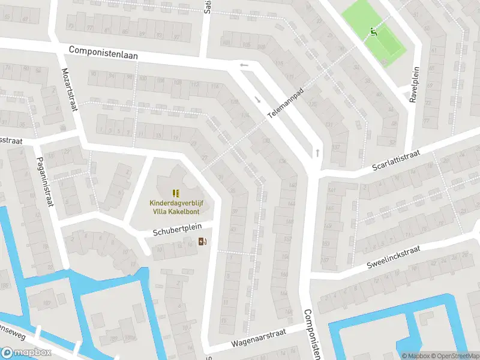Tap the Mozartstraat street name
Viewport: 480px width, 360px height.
pos(70,89)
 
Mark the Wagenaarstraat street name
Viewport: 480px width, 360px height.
pos(259,338)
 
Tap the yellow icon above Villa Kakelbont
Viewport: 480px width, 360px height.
pos(175,193)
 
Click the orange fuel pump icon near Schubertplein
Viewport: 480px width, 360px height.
pos(202,242)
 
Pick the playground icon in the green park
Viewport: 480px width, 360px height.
pos(374,32)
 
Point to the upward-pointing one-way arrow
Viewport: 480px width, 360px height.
pos(317,153)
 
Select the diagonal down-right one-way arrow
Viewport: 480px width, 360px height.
pos(258,100)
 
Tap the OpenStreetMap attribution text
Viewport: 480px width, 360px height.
pos(455,356)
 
